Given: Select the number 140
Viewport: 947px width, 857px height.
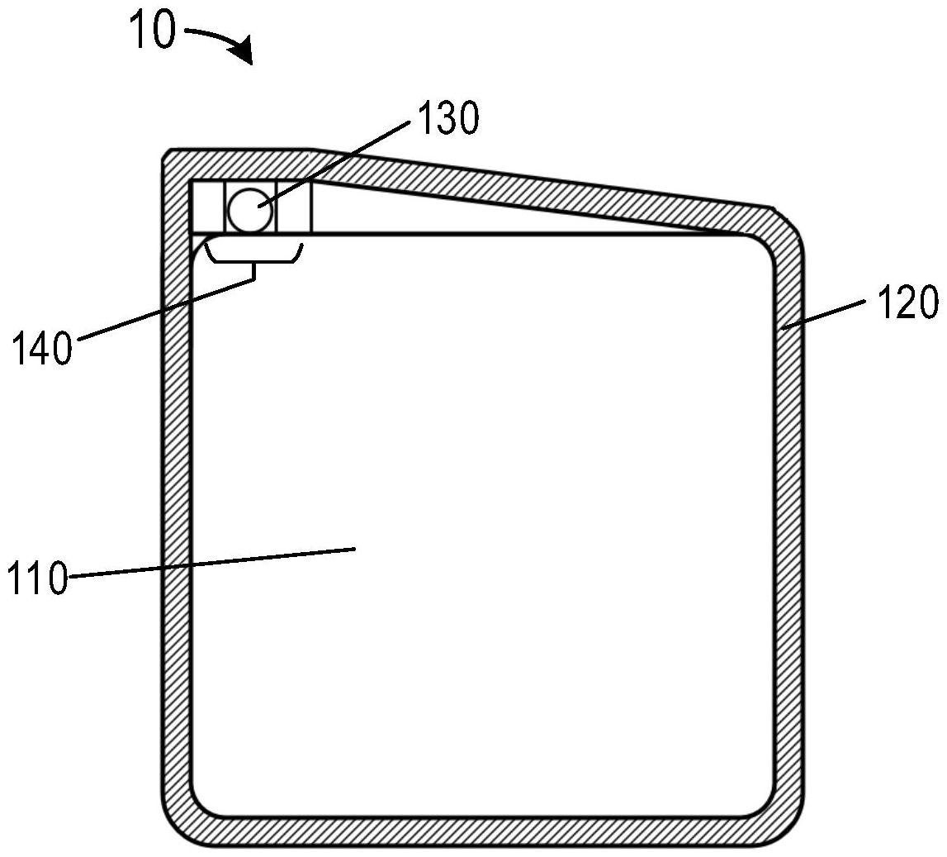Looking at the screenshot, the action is click(42, 349).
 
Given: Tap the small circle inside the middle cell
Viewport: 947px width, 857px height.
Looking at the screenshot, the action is click(249, 209).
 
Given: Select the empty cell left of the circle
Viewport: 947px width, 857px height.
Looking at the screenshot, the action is click(208, 207).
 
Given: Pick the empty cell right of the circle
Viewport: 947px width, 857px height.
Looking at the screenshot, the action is click(295, 207).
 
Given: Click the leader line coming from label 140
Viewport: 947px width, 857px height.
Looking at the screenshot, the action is click(165, 310).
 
